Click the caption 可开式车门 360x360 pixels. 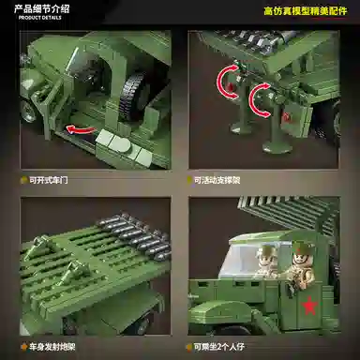(x=52, y=178)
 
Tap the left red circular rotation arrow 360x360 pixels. (x=228, y=83)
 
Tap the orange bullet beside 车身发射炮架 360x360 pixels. (x=22, y=346)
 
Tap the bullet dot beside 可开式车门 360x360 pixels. (x=22, y=178)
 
